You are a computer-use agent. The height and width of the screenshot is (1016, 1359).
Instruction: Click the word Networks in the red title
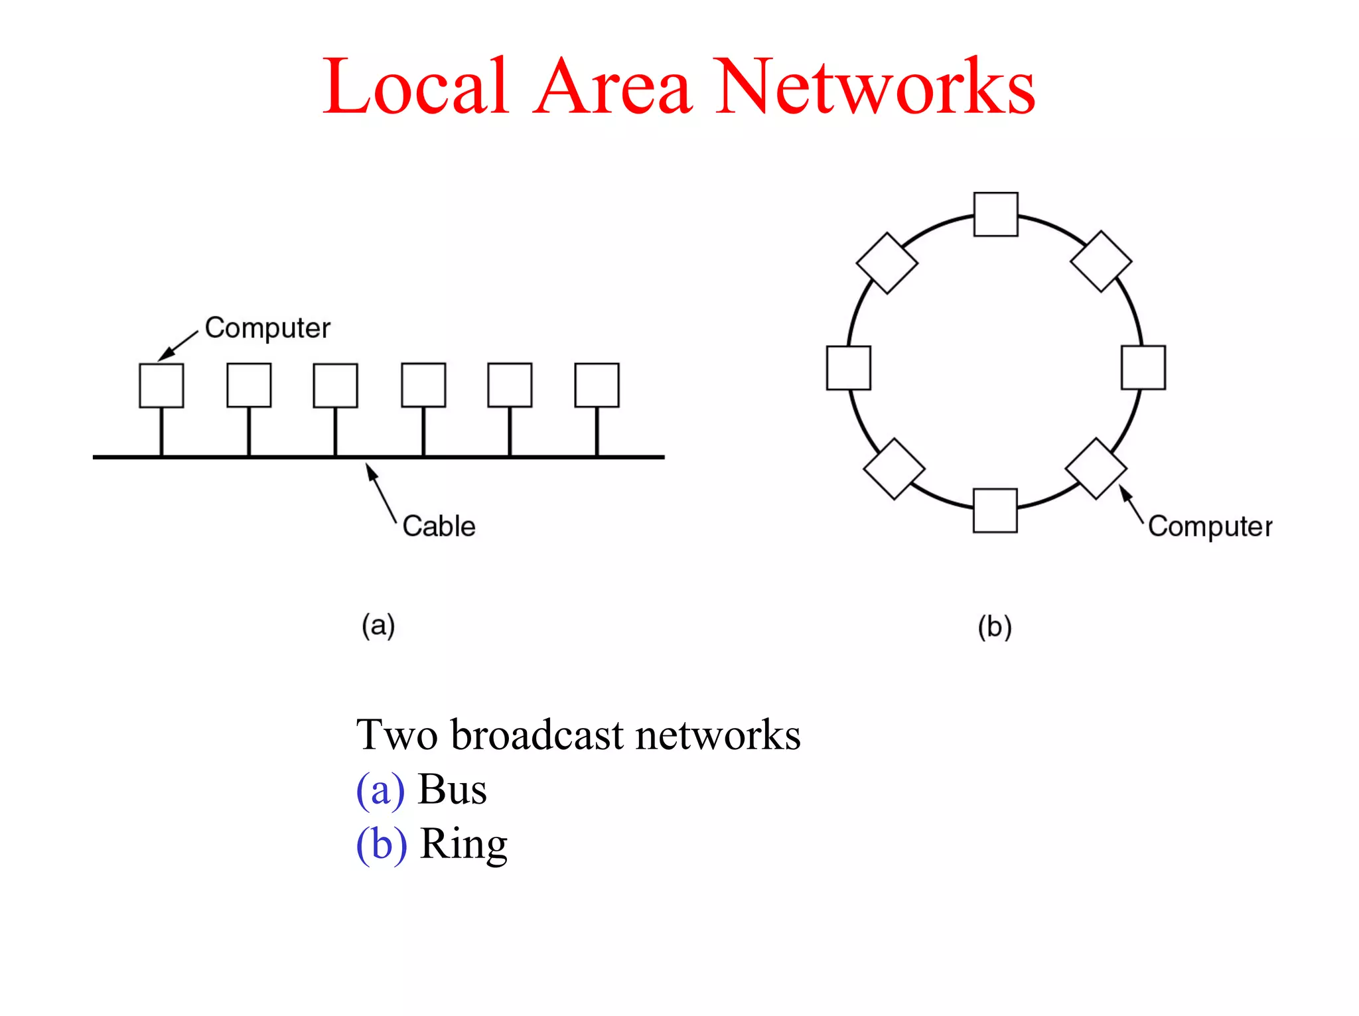pyautogui.click(x=876, y=88)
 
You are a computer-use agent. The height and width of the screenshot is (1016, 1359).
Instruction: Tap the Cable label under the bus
pyautogui.click(x=439, y=526)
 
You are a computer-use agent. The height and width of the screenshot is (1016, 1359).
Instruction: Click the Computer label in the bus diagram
pyautogui.click(x=267, y=328)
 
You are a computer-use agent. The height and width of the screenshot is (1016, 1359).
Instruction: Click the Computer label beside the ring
pyautogui.click(x=1210, y=527)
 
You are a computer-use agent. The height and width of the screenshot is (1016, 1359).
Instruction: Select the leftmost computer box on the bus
pyautogui.click(x=161, y=385)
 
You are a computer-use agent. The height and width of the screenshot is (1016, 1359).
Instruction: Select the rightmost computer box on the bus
pyautogui.click(x=597, y=385)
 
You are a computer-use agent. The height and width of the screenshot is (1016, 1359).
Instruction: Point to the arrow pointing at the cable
pyautogui.click(x=381, y=492)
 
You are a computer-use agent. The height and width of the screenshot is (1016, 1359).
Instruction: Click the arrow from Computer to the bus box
pyautogui.click(x=178, y=346)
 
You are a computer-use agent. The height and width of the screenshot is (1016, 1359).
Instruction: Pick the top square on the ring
pyautogui.click(x=995, y=214)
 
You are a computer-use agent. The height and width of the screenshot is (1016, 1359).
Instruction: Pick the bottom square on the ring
pyautogui.click(x=995, y=510)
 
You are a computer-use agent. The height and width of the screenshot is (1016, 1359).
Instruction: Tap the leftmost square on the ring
pyautogui.click(x=848, y=368)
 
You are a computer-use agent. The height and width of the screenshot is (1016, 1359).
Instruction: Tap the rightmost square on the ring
pyautogui.click(x=1143, y=367)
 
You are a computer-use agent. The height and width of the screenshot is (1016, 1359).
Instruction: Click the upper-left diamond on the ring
pyautogui.click(x=887, y=263)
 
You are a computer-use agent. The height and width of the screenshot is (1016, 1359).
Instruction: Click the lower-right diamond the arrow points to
pyautogui.click(x=1096, y=469)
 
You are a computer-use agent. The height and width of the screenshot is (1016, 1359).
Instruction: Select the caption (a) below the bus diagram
pyautogui.click(x=378, y=626)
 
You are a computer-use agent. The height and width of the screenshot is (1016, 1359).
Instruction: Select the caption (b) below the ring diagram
pyautogui.click(x=994, y=627)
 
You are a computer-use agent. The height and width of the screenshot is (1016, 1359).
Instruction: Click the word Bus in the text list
pyautogui.click(x=452, y=790)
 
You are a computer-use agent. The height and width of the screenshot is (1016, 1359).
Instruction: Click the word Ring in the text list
pyautogui.click(x=463, y=845)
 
